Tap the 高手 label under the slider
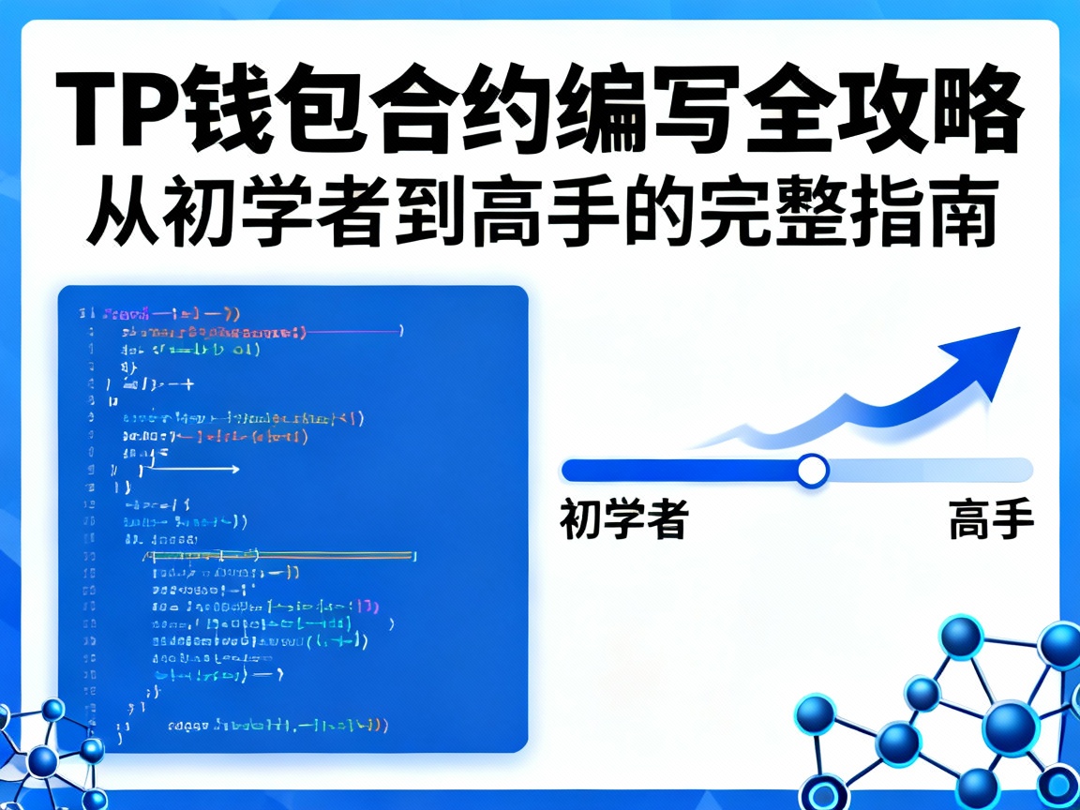(x=991, y=519)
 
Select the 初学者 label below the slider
(x=624, y=519)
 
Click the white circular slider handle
(x=812, y=470)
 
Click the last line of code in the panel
(x=277, y=726)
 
